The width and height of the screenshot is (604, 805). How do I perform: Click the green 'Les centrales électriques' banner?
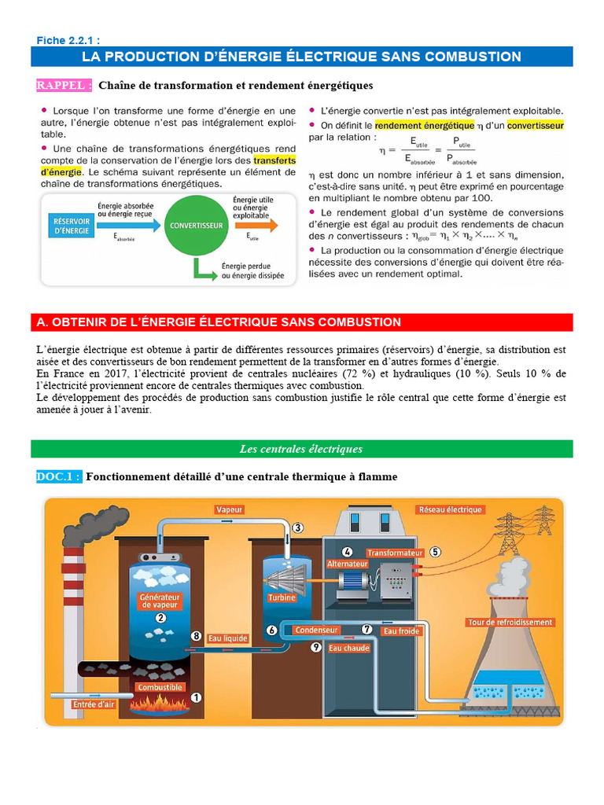pyautogui.click(x=301, y=449)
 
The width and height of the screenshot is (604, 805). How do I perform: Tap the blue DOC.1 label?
pyautogui.click(x=59, y=476)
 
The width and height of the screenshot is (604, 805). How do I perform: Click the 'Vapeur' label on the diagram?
pyautogui.click(x=229, y=509)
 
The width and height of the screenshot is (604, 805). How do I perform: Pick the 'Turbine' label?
pyautogui.click(x=282, y=597)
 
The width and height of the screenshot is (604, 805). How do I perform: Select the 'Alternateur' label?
pyautogui.click(x=347, y=564)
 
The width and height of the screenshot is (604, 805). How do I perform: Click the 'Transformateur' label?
pyautogui.click(x=395, y=553)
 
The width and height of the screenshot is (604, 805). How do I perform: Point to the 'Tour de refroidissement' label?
pyautogui.click(x=510, y=623)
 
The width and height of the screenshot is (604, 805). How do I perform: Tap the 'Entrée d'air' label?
pyautogui.click(x=94, y=704)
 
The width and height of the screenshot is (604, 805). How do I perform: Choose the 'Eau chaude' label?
pyautogui.click(x=349, y=649)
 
